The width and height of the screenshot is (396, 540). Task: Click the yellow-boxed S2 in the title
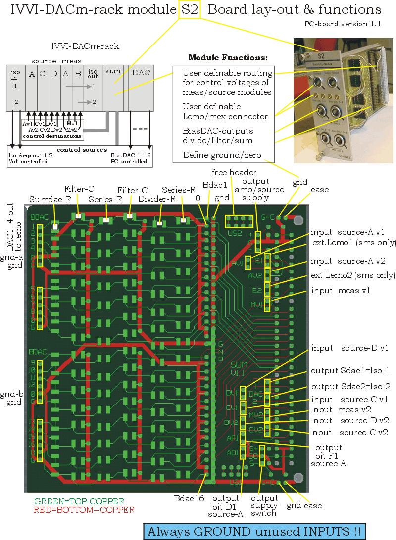point(190,9)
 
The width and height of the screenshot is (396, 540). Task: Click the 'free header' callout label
point(234,172)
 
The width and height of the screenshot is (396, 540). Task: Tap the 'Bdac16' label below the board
point(189,498)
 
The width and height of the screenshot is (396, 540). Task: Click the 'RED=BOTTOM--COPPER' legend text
point(84,509)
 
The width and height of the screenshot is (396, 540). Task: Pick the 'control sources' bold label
point(82,149)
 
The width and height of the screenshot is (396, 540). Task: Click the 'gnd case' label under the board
point(304,505)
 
